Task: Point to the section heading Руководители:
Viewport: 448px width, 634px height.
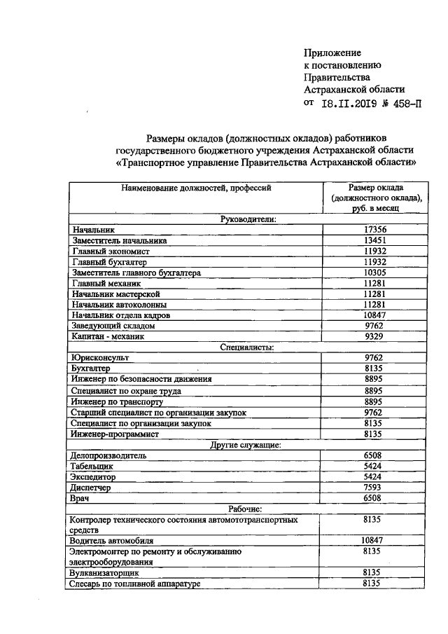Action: coord(248,219)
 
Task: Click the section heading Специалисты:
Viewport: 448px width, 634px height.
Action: coord(246,346)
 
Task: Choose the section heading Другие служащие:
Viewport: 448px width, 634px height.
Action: coord(246,444)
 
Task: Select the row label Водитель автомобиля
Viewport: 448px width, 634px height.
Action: coord(111,541)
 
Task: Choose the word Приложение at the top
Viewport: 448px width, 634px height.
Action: coord(332,53)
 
